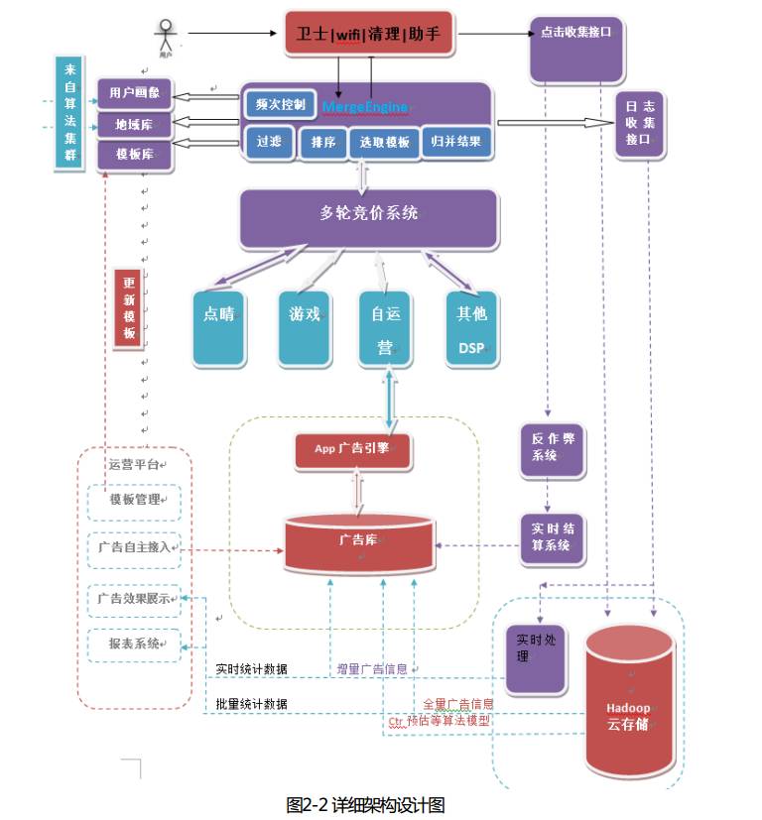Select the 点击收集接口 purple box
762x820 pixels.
tap(576, 48)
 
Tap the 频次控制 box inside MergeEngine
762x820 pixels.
tap(281, 103)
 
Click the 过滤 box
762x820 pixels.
tap(269, 142)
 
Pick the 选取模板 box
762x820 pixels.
tap(383, 142)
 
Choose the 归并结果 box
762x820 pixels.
tap(456, 141)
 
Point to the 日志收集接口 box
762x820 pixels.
tap(638, 123)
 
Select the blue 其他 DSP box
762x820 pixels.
tap(471, 327)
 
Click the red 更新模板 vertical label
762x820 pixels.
tap(129, 307)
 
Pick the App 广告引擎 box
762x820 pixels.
tap(352, 449)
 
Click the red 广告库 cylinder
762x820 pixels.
tap(358, 543)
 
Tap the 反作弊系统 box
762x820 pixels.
tap(548, 446)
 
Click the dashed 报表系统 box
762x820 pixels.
tap(134, 644)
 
